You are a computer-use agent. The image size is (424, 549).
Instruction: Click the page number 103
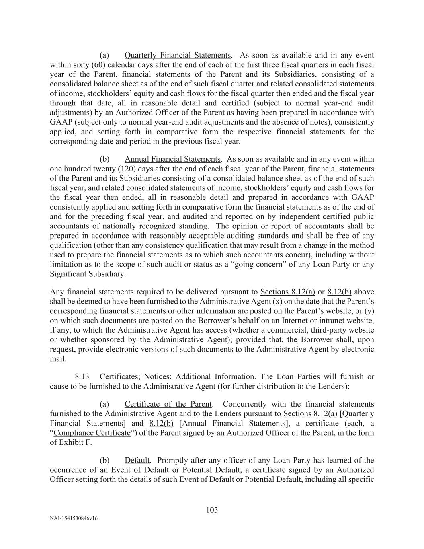tap(212, 510)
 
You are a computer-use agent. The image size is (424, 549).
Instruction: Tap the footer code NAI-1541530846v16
tap(74, 518)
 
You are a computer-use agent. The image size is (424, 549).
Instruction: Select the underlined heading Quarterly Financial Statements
tap(178, 55)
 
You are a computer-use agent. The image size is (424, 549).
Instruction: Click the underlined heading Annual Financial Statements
tap(172, 159)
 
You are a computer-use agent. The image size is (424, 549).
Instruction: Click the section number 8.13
tap(82, 377)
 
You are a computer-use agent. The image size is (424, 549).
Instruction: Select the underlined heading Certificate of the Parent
tap(168, 404)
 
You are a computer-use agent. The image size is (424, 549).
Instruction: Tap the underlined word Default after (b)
tap(137, 461)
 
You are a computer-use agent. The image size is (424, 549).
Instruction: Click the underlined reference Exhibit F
tap(75, 442)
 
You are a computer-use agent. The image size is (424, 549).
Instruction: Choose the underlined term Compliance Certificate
tap(92, 433)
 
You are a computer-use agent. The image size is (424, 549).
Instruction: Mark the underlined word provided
tap(250, 340)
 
